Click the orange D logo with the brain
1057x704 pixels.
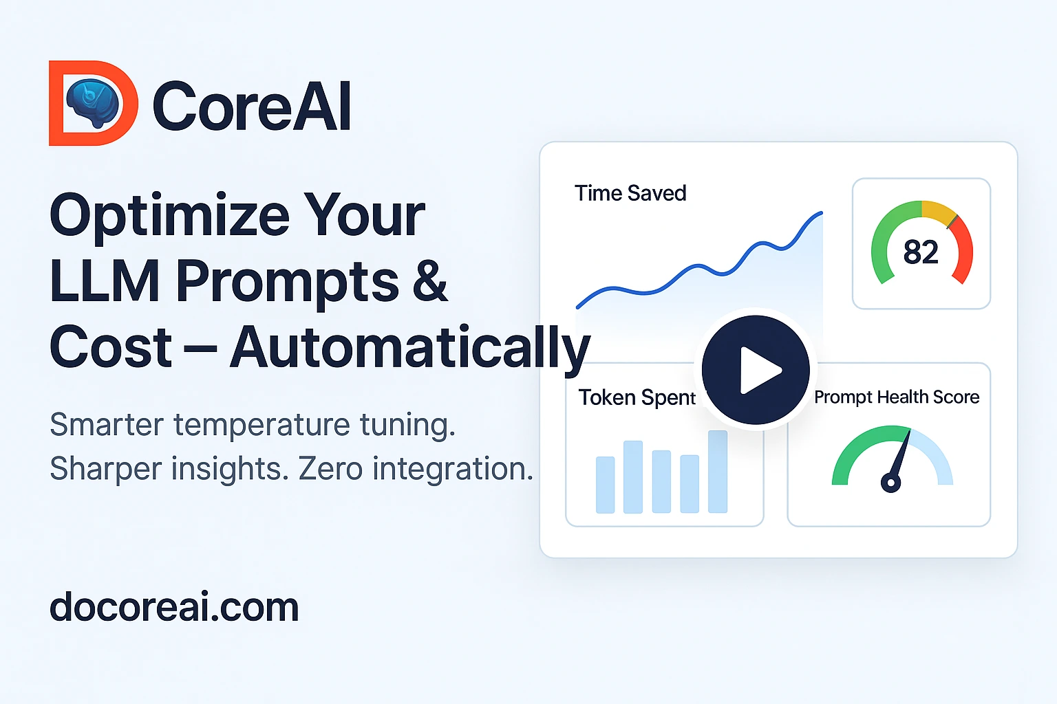[93, 103]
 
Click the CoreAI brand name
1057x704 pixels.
[252, 106]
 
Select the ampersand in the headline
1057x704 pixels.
[430, 280]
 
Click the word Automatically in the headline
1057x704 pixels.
[410, 348]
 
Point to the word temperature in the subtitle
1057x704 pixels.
[261, 425]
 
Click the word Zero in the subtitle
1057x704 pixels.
[330, 470]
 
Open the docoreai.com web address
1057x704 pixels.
[174, 608]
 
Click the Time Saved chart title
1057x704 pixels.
[630, 193]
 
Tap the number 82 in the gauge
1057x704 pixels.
[921, 252]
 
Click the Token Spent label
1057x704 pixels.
[637, 397]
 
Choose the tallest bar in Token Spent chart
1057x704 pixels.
[718, 472]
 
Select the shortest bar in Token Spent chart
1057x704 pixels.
[606, 485]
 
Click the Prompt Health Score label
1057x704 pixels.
[897, 397]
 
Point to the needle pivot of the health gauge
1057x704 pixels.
[890, 483]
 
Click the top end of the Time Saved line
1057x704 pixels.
[820, 214]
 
